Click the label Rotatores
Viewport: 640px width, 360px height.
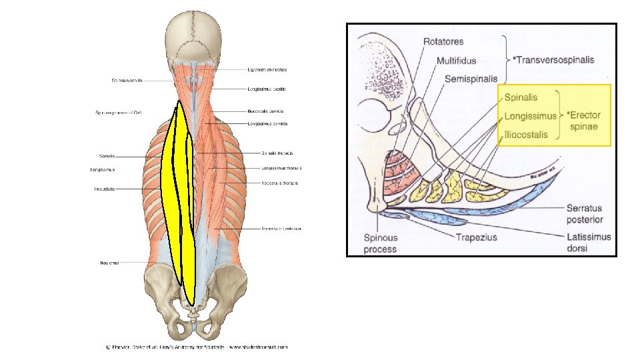[448, 42]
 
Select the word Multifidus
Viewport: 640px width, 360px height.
[456, 61]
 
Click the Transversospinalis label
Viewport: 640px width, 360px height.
[555, 59]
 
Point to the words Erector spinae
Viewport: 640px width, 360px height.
[583, 121]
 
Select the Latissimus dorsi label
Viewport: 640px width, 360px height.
[588, 243]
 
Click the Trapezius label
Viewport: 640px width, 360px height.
[479, 237]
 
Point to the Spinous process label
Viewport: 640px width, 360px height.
[381, 243]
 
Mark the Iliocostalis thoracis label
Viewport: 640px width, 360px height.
[280, 183]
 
